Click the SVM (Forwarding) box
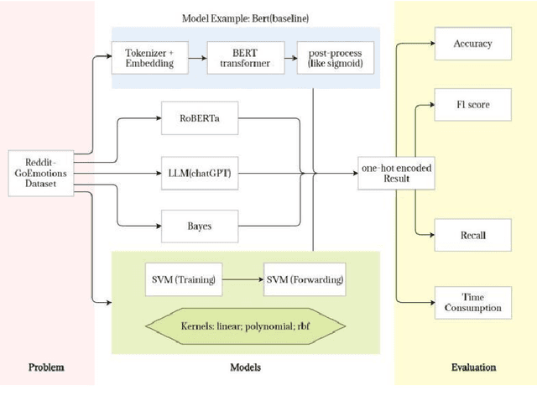[305, 279]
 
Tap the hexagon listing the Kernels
[245, 324]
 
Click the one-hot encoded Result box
[395, 174]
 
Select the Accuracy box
[472, 44]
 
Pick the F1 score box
[472, 106]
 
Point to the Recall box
[472, 236]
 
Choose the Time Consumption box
[472, 302]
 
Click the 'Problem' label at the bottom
[46, 367]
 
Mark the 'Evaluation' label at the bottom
[472, 367]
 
